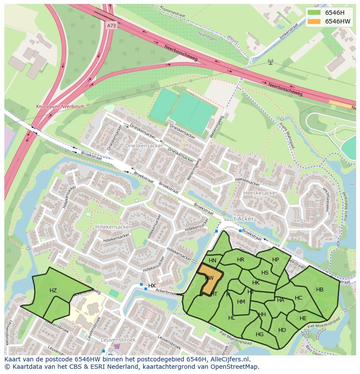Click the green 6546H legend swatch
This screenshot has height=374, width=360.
313,13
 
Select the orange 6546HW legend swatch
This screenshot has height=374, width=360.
313,21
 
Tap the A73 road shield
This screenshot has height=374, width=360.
111,26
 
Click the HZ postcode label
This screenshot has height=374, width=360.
53,291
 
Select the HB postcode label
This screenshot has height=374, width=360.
320,290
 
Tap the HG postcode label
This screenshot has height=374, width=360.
260,334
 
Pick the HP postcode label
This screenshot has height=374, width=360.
275,260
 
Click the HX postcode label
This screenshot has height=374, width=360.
152,285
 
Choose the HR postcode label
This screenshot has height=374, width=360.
240,259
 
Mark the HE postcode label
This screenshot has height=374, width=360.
303,318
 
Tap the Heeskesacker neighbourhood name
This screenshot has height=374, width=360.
260,192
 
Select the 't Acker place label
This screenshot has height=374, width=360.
243,219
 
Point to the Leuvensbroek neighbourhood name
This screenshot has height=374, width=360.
117,340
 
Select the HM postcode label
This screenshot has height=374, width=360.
241,301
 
